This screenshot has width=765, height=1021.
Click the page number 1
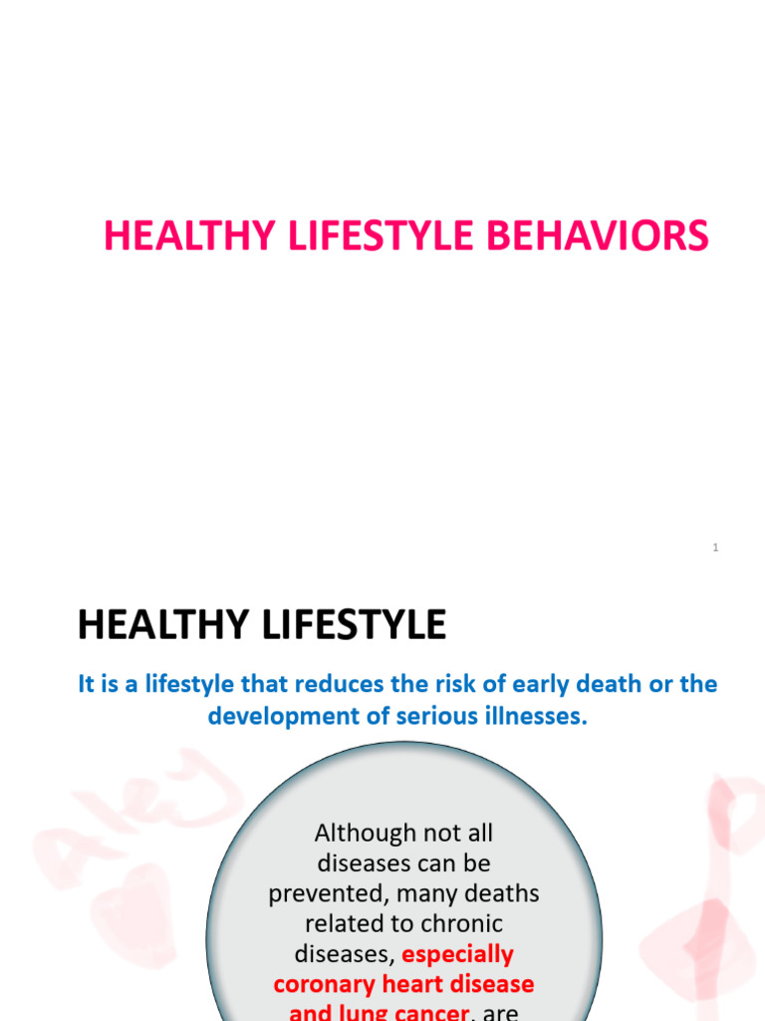715,547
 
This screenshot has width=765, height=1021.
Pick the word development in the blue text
268,716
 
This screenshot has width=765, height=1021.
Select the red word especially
458,954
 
